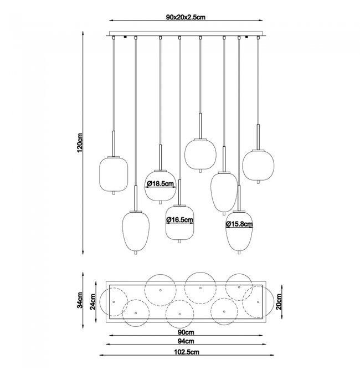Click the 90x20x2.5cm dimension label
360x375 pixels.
(x=186, y=17)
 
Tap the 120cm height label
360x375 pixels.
(x=80, y=142)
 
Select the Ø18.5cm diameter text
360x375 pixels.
(x=160, y=184)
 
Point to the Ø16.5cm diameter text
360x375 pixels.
(x=179, y=219)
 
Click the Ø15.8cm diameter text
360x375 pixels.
(x=239, y=224)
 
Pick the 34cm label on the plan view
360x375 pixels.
(x=80, y=300)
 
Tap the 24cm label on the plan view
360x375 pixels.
(x=93, y=302)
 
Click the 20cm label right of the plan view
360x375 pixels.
(x=279, y=302)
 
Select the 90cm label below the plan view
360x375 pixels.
(x=186, y=332)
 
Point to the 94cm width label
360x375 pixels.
(x=186, y=341)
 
